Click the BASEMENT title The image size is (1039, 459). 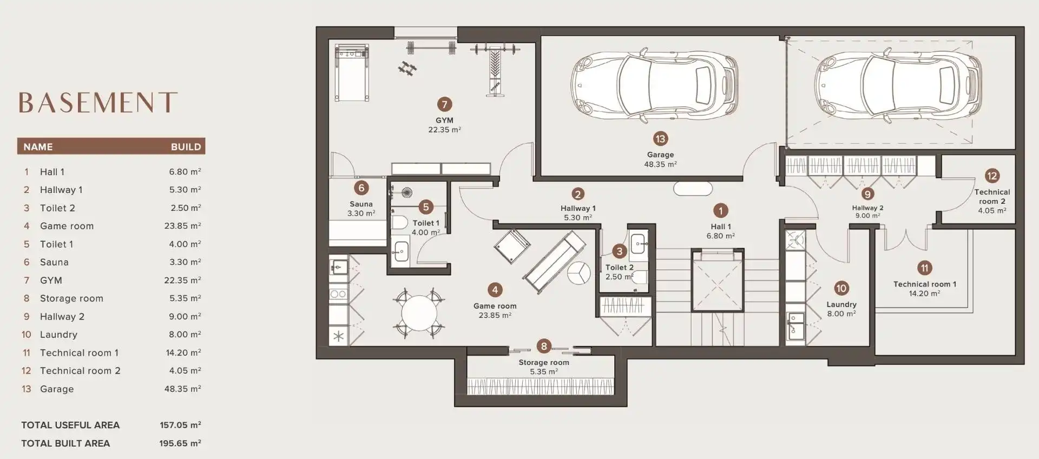coord(98,103)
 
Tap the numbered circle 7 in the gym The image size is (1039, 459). coord(444,104)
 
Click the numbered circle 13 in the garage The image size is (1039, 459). coord(660,139)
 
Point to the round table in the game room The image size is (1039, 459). coord(419,312)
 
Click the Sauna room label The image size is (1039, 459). coord(361,204)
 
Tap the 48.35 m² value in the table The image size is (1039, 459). coord(182,389)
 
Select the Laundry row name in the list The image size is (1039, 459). coord(58,335)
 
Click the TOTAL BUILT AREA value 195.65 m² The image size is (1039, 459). coord(180,443)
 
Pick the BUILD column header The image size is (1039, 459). coord(186,147)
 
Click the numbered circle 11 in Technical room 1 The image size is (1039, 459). coord(924,268)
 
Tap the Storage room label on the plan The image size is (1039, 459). coord(544,362)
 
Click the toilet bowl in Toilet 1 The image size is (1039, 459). coord(399,223)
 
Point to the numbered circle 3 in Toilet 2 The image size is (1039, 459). coord(620,251)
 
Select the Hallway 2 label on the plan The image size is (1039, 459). coord(867,208)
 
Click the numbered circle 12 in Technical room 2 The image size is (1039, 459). coord(992,176)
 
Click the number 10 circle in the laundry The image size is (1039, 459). coord(841,289)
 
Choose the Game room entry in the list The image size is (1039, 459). coord(67,226)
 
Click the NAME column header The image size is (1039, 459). coord(38,147)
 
